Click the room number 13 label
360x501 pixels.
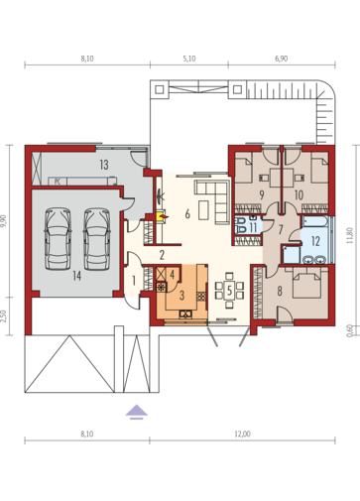(x=104, y=165)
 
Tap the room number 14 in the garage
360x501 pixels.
(x=76, y=276)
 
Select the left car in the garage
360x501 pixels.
(x=58, y=238)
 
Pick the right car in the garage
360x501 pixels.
(x=97, y=238)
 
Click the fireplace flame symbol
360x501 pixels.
(x=162, y=216)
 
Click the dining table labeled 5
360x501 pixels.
(x=229, y=291)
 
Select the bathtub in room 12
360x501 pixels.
(x=315, y=221)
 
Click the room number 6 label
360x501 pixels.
(x=187, y=214)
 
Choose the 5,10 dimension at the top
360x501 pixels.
(x=188, y=59)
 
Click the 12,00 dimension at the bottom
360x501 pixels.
(x=242, y=434)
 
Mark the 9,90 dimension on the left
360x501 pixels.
(x=5, y=221)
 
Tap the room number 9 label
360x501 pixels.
(x=262, y=194)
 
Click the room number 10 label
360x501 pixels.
(x=299, y=194)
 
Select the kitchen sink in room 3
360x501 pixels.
(x=185, y=313)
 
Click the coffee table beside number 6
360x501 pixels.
(x=204, y=210)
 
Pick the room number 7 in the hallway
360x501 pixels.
(x=281, y=229)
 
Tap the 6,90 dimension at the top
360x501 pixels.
(x=281, y=59)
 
